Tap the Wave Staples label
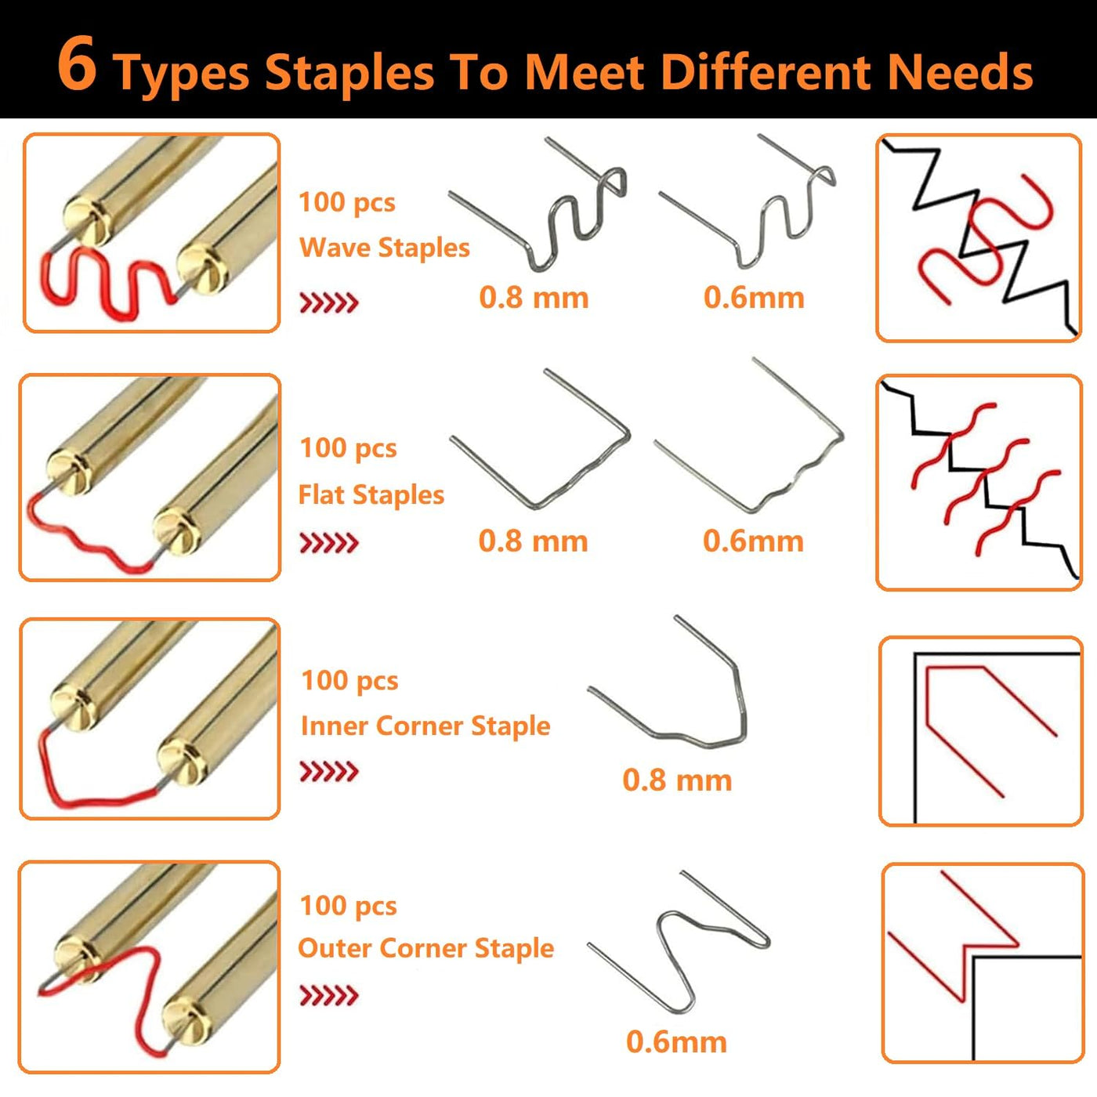point(384,248)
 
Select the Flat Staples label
point(371,494)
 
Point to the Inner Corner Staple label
point(425,726)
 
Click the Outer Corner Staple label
point(425,948)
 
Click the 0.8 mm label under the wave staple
point(534,297)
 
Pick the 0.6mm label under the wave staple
point(754,297)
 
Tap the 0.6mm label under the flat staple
point(753,540)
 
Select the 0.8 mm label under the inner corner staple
point(677,780)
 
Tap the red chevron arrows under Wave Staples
point(329,303)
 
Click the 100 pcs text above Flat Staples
point(348,448)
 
